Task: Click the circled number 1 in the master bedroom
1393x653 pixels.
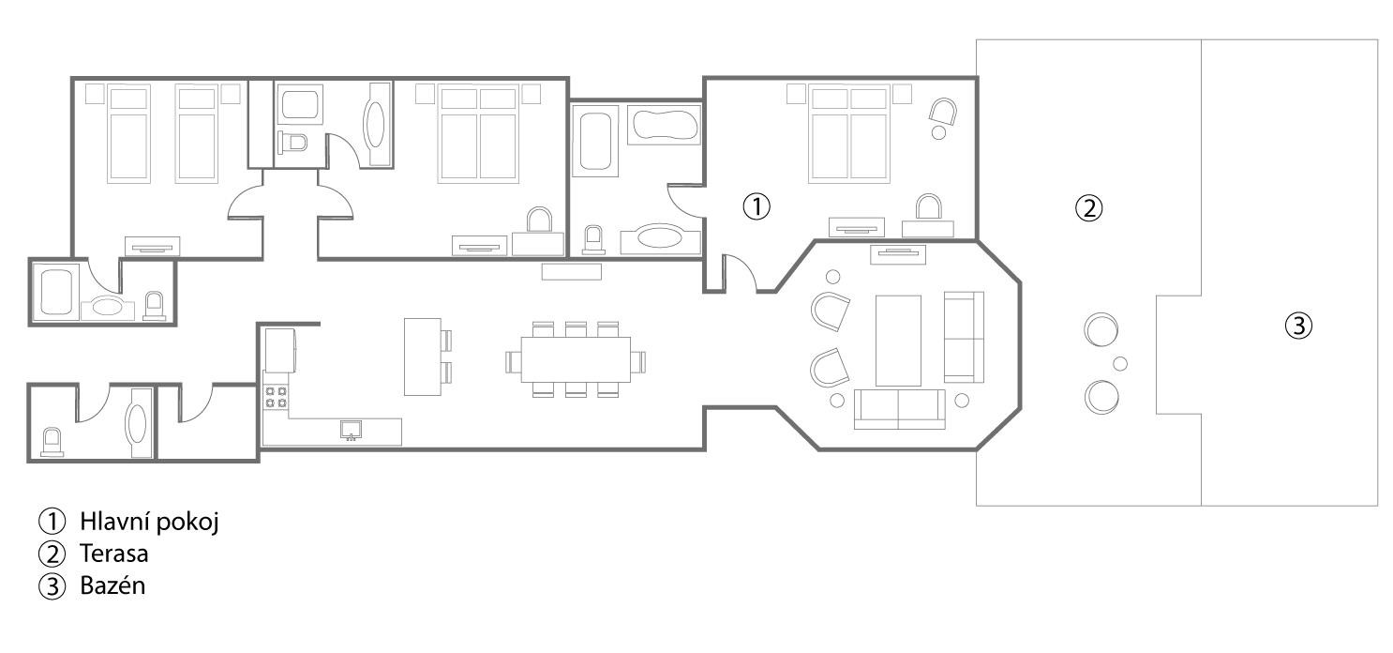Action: (756, 206)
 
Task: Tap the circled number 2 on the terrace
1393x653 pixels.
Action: (1089, 208)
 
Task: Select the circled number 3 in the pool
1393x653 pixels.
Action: (1298, 326)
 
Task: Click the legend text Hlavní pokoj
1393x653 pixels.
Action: (149, 522)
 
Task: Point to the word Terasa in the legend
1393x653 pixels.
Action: (113, 554)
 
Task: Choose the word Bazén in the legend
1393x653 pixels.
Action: (112, 585)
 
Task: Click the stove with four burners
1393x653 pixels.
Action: (277, 397)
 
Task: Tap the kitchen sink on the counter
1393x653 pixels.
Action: (351, 430)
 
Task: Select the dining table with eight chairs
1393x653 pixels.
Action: (576, 359)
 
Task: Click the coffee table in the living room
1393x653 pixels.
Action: (898, 341)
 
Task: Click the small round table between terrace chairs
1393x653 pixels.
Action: (1120, 363)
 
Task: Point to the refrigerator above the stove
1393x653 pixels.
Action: (280, 350)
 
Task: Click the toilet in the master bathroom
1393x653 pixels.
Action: (593, 240)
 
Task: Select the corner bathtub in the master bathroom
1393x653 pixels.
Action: (664, 125)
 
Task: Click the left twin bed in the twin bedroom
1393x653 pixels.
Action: (128, 134)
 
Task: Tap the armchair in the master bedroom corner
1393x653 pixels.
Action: (943, 111)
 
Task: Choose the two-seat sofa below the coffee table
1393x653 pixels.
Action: (899, 409)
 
